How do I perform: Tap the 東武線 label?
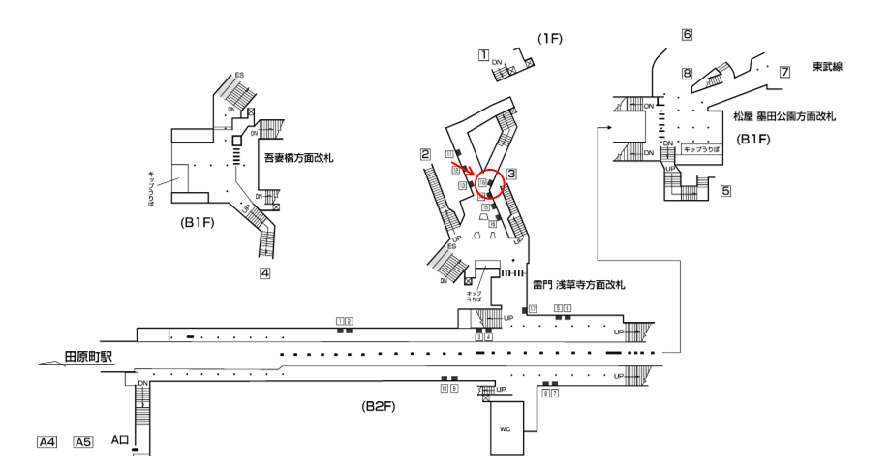[830, 67]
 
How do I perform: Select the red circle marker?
[491, 183]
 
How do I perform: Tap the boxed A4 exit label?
[47, 442]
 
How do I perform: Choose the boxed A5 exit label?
[84, 442]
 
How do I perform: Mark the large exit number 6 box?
[687, 35]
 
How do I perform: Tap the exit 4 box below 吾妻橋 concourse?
[263, 273]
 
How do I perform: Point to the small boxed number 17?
[532, 308]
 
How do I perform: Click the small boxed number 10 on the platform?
[444, 388]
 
